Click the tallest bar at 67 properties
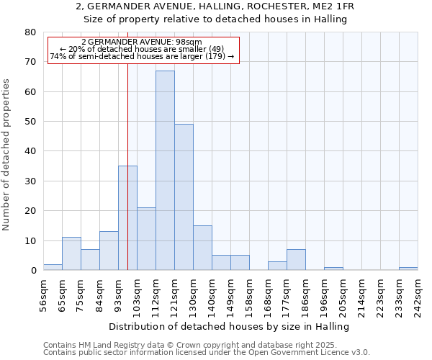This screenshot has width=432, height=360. [165, 171]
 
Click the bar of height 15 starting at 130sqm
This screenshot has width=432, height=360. [202, 248]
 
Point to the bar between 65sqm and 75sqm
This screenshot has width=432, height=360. [71, 253]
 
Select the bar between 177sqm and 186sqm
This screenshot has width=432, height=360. [296, 260]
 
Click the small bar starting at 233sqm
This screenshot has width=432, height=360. [408, 269]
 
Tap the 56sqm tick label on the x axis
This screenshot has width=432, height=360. [48, 294]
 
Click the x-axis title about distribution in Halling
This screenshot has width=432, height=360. [230, 326]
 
